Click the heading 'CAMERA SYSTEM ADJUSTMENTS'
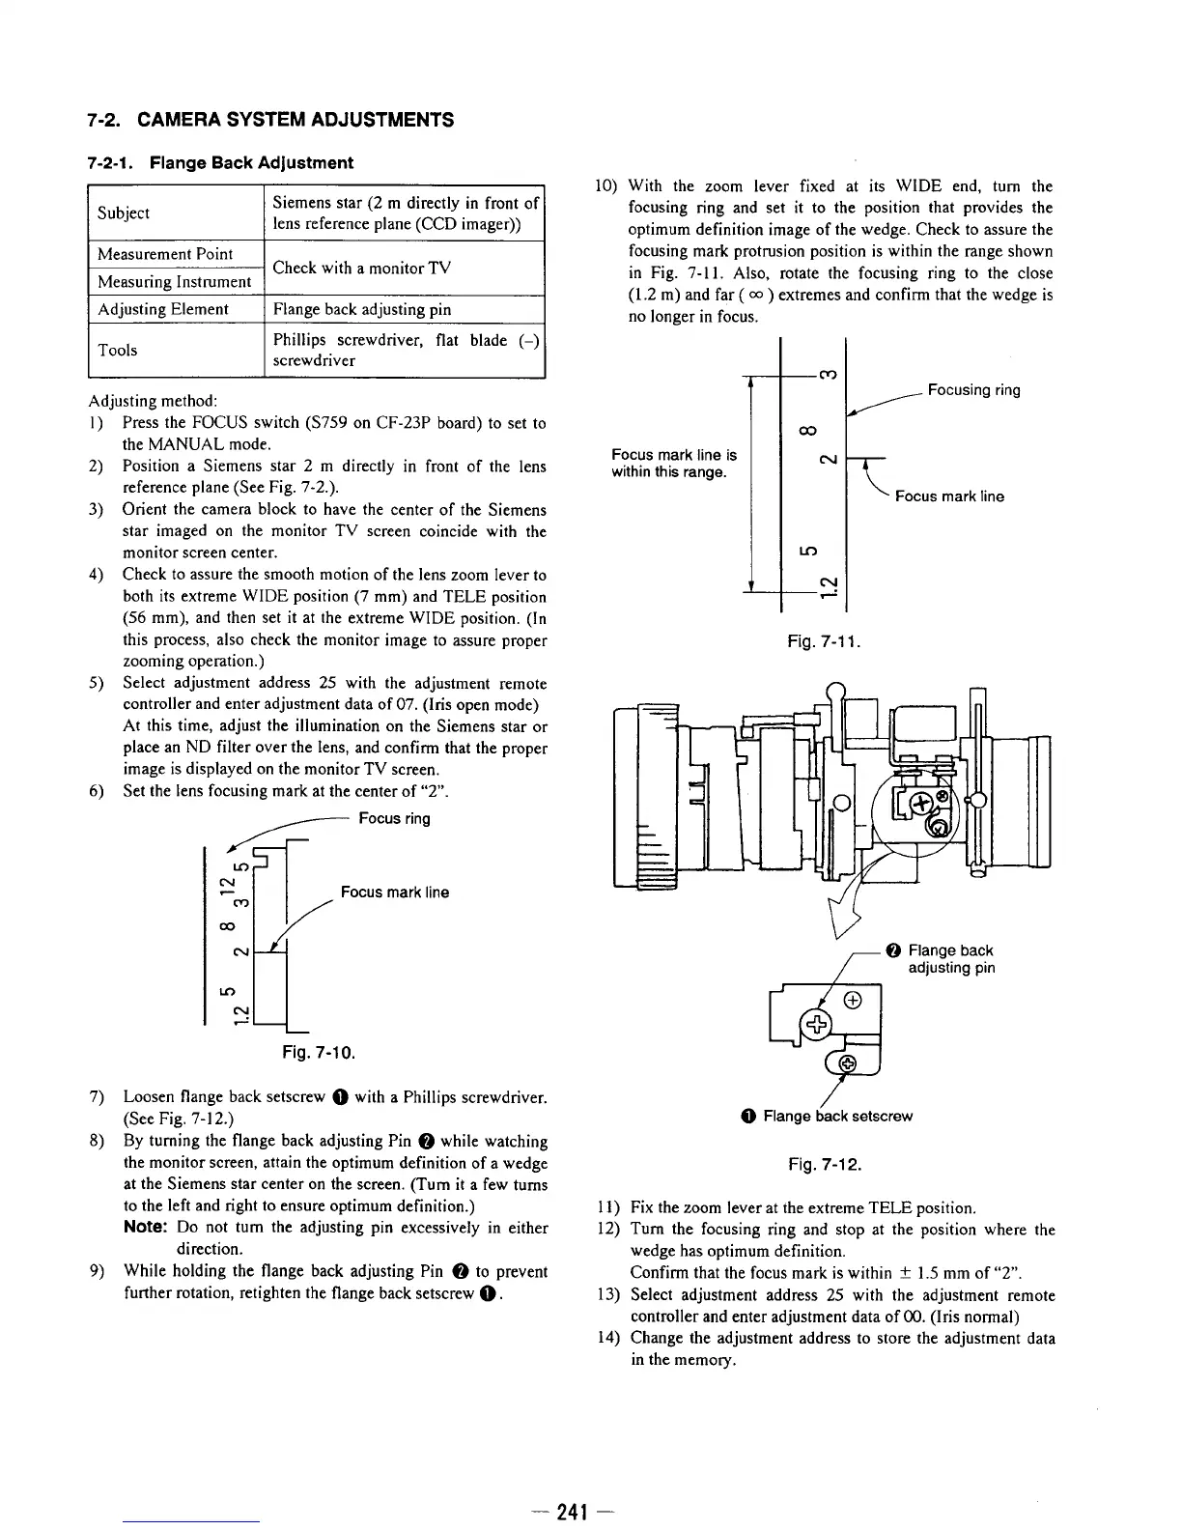tap(295, 121)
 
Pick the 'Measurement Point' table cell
tap(165, 254)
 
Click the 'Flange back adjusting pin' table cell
tap(350, 309)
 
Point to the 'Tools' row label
tap(118, 350)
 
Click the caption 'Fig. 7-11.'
tap(824, 641)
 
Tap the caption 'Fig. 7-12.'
tap(825, 1164)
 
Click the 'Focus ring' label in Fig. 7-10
tap(394, 819)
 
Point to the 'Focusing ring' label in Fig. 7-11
tap(973, 390)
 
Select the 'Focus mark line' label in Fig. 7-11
tap(949, 496)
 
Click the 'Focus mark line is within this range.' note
tap(674, 464)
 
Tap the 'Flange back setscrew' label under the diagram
tap(836, 1117)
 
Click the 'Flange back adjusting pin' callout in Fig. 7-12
tap(949, 959)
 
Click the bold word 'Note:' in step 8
tap(148, 1228)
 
